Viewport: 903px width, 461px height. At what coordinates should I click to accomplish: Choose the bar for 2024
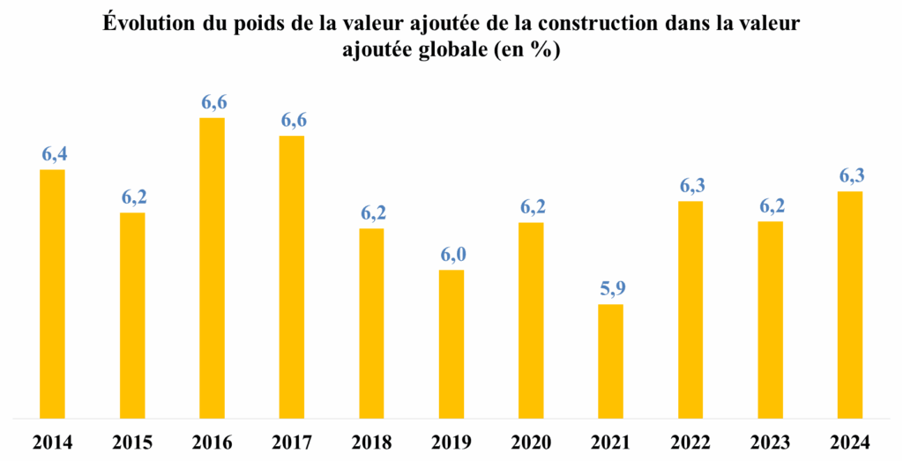pos(849,304)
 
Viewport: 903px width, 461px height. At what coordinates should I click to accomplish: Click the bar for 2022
pos(690,309)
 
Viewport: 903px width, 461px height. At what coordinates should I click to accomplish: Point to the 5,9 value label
pos(610,288)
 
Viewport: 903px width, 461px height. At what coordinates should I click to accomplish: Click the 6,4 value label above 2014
pos(54,154)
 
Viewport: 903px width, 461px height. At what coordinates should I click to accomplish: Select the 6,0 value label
pos(451,254)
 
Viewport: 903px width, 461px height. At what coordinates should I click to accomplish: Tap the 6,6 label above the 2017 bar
pos(293,120)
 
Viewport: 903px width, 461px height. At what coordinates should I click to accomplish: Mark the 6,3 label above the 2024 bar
pos(849,175)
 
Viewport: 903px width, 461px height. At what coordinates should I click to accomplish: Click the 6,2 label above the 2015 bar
pos(133,197)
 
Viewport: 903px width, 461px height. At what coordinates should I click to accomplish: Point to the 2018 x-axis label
pos(372,442)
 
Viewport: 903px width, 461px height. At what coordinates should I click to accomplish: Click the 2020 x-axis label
pos(531,442)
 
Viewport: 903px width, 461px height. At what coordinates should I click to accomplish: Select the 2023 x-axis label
pos(770,442)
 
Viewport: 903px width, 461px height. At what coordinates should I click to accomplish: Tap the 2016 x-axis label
pos(213,442)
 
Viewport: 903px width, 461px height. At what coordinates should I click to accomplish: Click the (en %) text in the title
pos(529,50)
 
